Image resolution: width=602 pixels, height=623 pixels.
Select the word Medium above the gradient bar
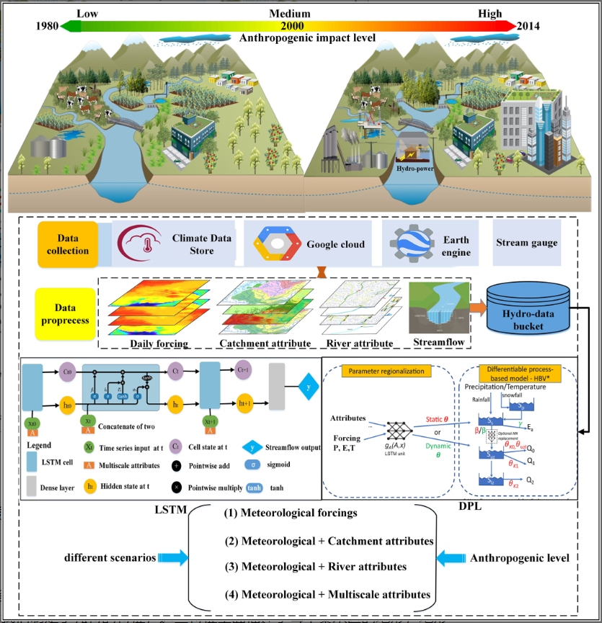pos(290,14)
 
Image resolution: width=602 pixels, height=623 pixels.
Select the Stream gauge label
pos(526,243)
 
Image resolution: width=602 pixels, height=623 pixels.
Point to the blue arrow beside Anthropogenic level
pos(453,557)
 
